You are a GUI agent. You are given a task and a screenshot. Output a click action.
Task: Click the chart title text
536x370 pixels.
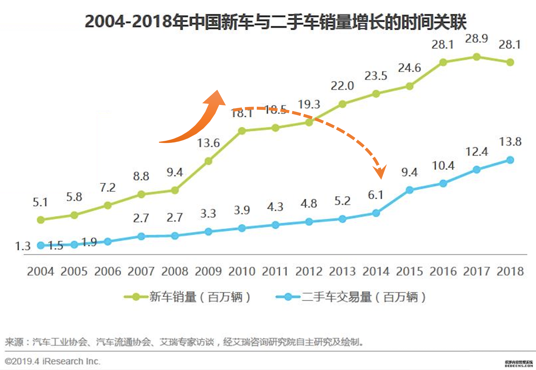pyautogui.click(x=275, y=22)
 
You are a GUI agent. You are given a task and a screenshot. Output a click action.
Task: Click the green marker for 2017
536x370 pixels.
pyautogui.click(x=476, y=57)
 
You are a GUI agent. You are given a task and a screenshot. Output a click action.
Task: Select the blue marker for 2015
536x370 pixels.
pyautogui.click(x=409, y=190)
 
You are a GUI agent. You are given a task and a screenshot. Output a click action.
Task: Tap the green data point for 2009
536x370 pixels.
pyautogui.click(x=208, y=161)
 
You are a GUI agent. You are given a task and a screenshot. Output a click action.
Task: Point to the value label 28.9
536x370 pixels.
pyautogui.click(x=476, y=39)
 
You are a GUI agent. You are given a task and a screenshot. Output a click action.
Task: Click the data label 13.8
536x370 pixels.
pyautogui.click(x=510, y=142)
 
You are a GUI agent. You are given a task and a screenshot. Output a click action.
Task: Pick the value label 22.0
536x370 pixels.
pyautogui.click(x=342, y=86)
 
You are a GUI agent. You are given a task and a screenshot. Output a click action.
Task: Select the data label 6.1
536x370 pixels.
pyautogui.click(x=376, y=195)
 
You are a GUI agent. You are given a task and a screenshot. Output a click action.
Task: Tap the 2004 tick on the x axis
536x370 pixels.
pyautogui.click(x=40, y=271)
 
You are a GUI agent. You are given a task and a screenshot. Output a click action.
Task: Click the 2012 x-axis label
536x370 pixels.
pyautogui.click(x=309, y=271)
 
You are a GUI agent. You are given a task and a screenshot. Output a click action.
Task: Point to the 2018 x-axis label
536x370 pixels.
pyautogui.click(x=510, y=271)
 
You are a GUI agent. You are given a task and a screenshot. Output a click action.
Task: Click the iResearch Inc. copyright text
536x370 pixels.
pyautogui.click(x=53, y=361)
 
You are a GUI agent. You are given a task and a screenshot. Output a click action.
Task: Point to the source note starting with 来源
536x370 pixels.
pyautogui.click(x=184, y=342)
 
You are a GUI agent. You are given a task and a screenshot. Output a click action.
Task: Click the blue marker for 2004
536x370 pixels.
pyautogui.click(x=41, y=245)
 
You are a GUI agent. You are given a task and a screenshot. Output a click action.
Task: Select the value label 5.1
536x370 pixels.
pyautogui.click(x=40, y=202)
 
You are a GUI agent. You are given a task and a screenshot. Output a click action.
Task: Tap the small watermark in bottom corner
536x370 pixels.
pyautogui.click(x=519, y=364)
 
